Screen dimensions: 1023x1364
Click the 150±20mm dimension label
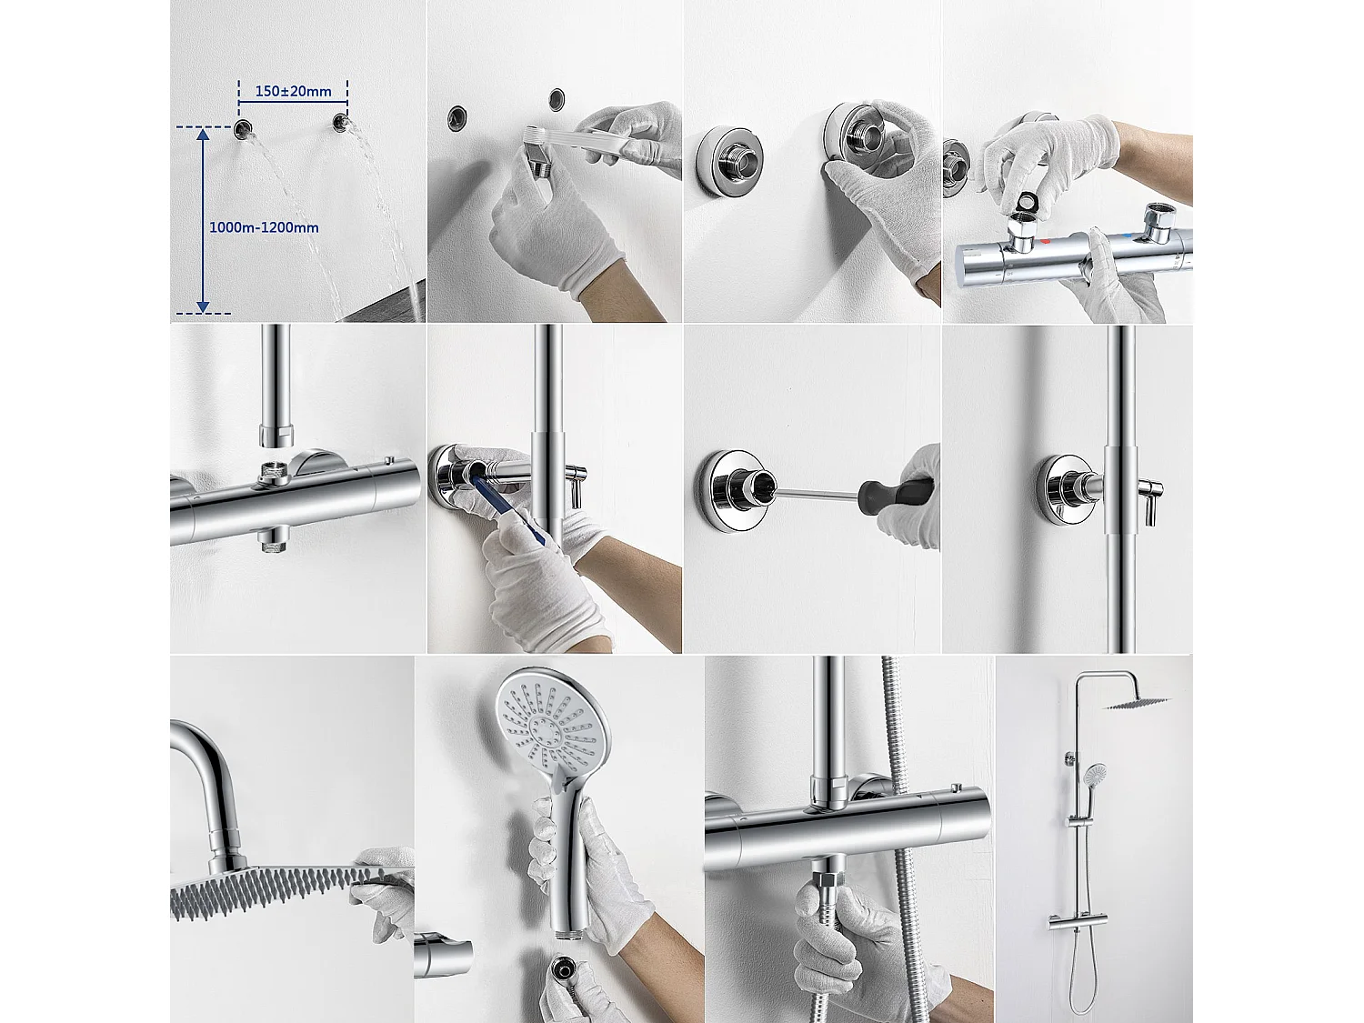[x=293, y=91]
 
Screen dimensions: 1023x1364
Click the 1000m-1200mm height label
[x=264, y=227]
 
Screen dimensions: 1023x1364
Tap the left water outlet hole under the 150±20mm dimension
[x=244, y=129]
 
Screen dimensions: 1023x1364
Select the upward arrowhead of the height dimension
[x=203, y=136]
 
